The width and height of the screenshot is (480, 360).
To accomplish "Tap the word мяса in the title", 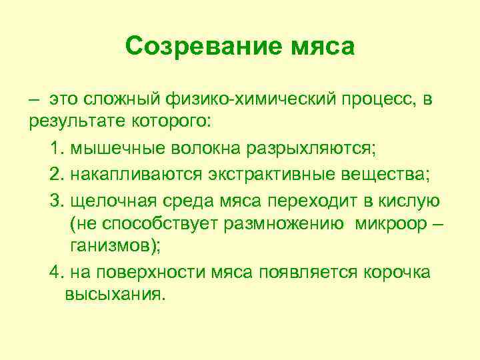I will (322, 47).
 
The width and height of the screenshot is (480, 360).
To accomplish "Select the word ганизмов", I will (115, 245).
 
